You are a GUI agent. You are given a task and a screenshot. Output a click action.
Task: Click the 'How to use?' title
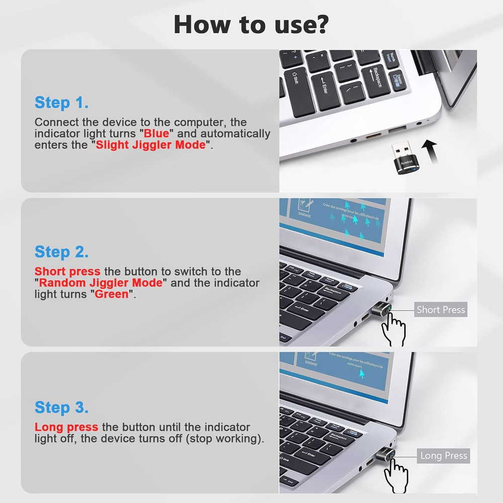[x=251, y=24]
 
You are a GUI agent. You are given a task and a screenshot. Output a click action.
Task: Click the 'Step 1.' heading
[x=62, y=103]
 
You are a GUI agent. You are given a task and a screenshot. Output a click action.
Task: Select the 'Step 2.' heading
[x=62, y=251]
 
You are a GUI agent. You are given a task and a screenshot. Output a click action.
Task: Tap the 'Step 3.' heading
[x=62, y=407]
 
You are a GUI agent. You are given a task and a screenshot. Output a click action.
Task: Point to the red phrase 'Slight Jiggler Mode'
[x=151, y=145]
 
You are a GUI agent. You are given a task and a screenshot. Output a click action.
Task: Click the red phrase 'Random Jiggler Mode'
[x=101, y=283]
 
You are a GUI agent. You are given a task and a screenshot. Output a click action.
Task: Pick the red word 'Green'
[x=112, y=294]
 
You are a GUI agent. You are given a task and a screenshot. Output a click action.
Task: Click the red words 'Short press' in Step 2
[x=67, y=272]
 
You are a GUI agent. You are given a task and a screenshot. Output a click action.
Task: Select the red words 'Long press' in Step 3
[x=66, y=428]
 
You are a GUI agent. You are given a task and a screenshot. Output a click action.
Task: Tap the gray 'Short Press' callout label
[x=441, y=310]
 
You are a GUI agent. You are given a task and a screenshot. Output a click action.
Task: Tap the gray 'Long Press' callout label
[x=444, y=456]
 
